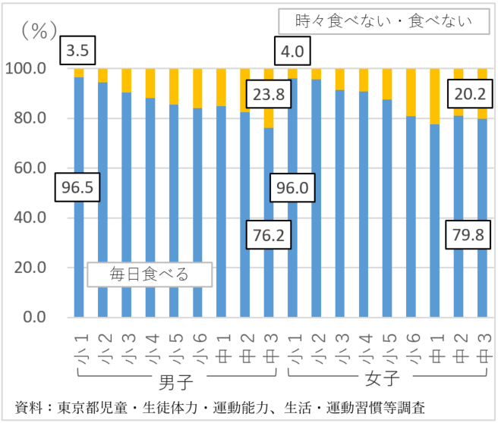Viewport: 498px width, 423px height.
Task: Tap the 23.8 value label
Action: pos(268,96)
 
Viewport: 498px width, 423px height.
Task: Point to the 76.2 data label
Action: pos(268,236)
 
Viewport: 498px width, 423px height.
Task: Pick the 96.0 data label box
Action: pos(292,188)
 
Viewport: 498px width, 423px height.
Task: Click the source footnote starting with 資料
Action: pos(220,407)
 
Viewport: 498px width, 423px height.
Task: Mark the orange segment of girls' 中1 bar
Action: pos(435,96)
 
